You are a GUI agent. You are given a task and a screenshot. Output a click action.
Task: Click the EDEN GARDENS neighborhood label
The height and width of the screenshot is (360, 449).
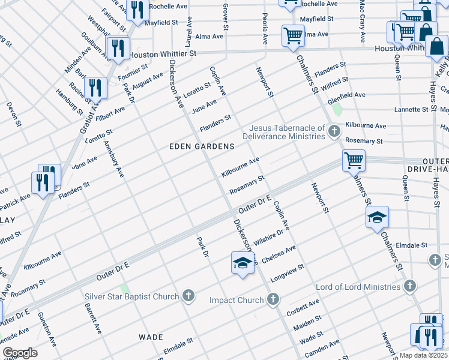(x=202, y=146)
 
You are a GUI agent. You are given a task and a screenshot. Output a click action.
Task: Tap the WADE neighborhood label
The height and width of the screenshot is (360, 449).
(x=151, y=337)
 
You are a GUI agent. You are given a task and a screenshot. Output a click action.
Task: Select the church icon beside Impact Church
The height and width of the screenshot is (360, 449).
(x=273, y=299)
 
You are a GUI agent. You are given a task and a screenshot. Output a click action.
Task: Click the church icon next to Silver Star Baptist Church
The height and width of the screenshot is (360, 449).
(x=188, y=296)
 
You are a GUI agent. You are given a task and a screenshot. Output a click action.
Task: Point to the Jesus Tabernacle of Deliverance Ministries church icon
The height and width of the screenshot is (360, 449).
(x=334, y=131)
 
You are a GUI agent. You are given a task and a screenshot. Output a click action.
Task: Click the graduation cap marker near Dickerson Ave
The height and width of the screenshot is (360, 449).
(x=242, y=263)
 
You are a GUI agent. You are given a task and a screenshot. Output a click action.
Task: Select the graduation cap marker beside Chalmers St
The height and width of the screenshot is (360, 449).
(x=376, y=217)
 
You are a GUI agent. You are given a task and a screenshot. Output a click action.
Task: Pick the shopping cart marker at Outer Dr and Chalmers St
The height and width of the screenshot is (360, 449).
(x=354, y=160)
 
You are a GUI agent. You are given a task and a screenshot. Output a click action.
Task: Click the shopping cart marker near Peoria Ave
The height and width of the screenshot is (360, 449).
(x=292, y=35)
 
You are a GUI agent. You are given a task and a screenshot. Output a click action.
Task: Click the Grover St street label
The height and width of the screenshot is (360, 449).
(x=226, y=17)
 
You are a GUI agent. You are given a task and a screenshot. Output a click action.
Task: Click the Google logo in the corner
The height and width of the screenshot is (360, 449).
(x=20, y=353)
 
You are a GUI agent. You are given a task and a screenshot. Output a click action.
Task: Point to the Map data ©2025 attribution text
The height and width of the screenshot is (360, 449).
(x=423, y=355)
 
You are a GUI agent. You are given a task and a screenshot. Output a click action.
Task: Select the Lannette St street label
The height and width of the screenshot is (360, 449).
(x=415, y=110)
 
